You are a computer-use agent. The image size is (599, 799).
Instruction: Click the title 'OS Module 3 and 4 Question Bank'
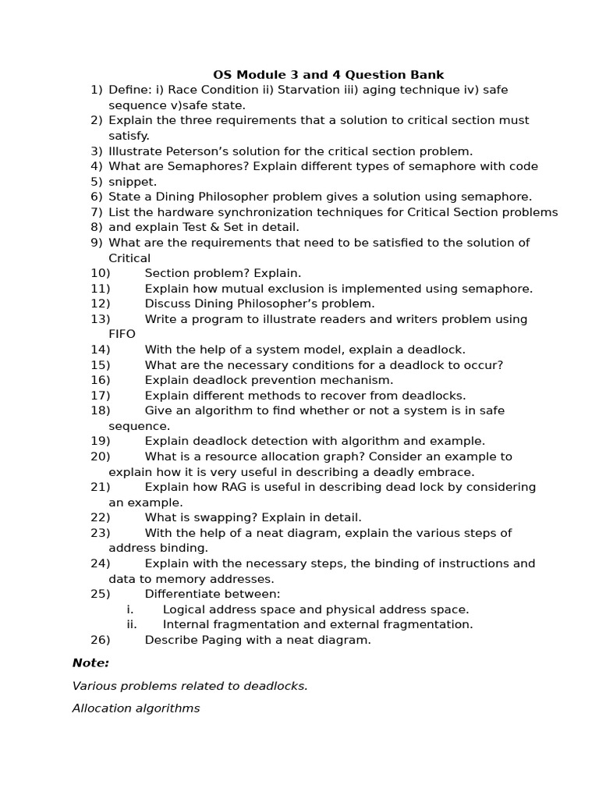(x=328, y=75)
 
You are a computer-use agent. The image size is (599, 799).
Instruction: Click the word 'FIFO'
(x=122, y=334)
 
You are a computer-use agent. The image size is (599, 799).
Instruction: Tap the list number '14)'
(x=101, y=350)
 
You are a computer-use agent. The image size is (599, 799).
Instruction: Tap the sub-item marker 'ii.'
(x=131, y=624)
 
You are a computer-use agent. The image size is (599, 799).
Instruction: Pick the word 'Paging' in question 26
(x=220, y=640)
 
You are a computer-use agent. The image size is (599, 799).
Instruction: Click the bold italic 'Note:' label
(x=90, y=663)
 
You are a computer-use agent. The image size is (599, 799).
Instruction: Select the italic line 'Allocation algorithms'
(x=136, y=708)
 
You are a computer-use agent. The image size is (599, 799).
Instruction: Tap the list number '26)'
(x=101, y=640)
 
